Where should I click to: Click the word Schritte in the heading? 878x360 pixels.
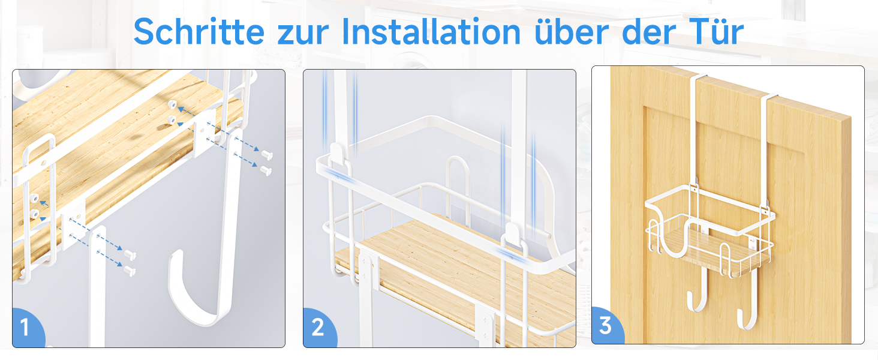199,31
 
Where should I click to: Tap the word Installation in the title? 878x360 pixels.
431,31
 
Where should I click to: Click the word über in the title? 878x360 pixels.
572,31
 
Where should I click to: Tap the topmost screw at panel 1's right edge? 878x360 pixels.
267,155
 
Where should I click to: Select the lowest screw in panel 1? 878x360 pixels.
130,271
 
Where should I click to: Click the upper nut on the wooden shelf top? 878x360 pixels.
172,105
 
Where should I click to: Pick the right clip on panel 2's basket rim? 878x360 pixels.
513,235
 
